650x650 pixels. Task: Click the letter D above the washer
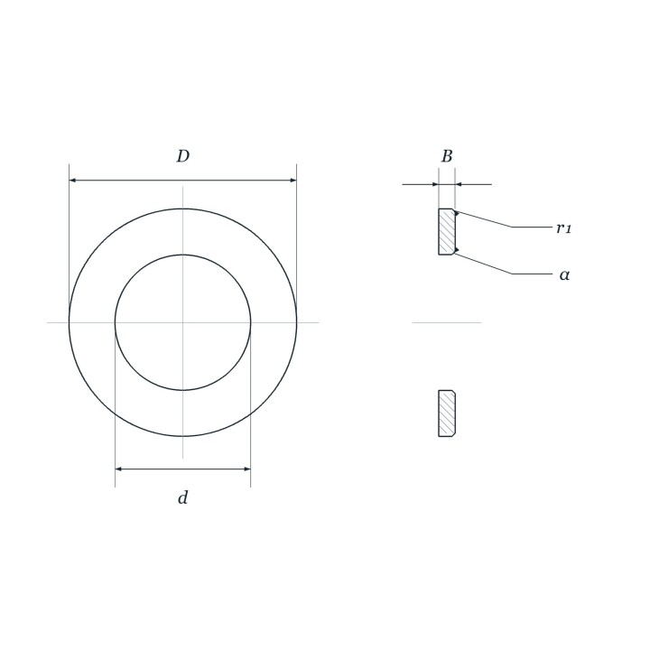(182, 156)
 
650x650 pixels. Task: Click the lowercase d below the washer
(182, 497)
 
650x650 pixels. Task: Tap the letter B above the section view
(447, 156)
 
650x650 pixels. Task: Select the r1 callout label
(563, 227)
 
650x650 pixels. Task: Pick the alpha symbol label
(564, 274)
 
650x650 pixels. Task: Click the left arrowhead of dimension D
(72, 181)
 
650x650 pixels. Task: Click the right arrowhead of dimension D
(293, 181)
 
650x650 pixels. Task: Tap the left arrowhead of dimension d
(118, 469)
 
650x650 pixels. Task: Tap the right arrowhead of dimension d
(247, 469)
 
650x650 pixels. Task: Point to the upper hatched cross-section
(447, 232)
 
